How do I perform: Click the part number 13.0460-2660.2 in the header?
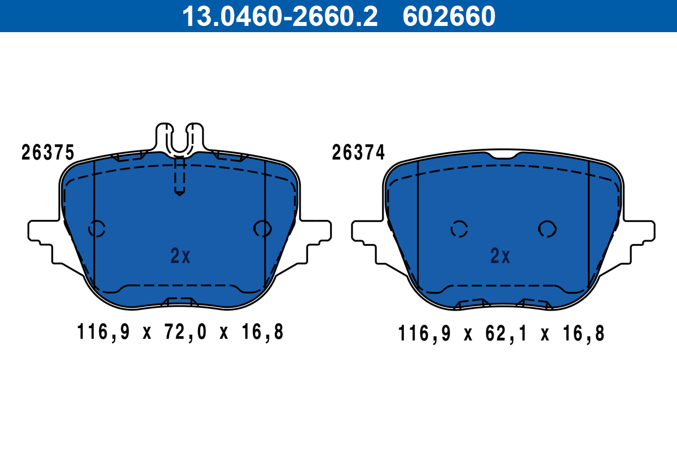click(x=279, y=16)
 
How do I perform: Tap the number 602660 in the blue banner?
click(x=449, y=16)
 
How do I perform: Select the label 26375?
click(x=47, y=153)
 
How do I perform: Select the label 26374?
click(x=358, y=153)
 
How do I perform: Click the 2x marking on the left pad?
click(x=181, y=257)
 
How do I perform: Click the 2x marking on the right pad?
click(x=500, y=257)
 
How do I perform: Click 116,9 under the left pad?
click(x=103, y=333)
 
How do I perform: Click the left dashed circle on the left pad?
click(x=97, y=228)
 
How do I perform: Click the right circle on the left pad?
click(x=262, y=228)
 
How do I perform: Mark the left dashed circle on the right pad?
click(x=459, y=228)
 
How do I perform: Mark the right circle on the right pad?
click(x=547, y=228)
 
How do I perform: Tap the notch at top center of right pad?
click(x=502, y=155)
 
